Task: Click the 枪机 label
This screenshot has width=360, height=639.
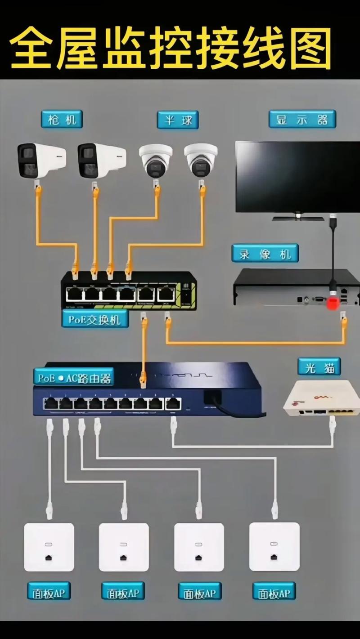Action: click(62, 119)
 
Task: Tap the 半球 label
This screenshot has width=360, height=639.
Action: click(177, 120)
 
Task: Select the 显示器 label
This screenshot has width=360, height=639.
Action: click(302, 119)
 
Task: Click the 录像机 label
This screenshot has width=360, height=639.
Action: click(265, 254)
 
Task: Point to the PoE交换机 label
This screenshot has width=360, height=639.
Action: click(94, 319)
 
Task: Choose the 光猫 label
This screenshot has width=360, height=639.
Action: click(319, 367)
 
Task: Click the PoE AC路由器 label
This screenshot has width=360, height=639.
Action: click(73, 377)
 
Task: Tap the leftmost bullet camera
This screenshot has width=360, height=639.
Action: click(41, 161)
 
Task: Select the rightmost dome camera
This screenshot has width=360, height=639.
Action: click(201, 160)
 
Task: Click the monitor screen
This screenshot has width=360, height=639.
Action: click(297, 176)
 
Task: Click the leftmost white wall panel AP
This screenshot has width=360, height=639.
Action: click(49, 547)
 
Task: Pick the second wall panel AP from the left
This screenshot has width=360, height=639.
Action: click(124, 547)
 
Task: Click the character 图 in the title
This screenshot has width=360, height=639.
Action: click(310, 47)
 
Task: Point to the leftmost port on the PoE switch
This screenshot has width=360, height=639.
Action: click(74, 294)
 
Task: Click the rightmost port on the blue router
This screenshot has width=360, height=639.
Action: click(173, 404)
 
